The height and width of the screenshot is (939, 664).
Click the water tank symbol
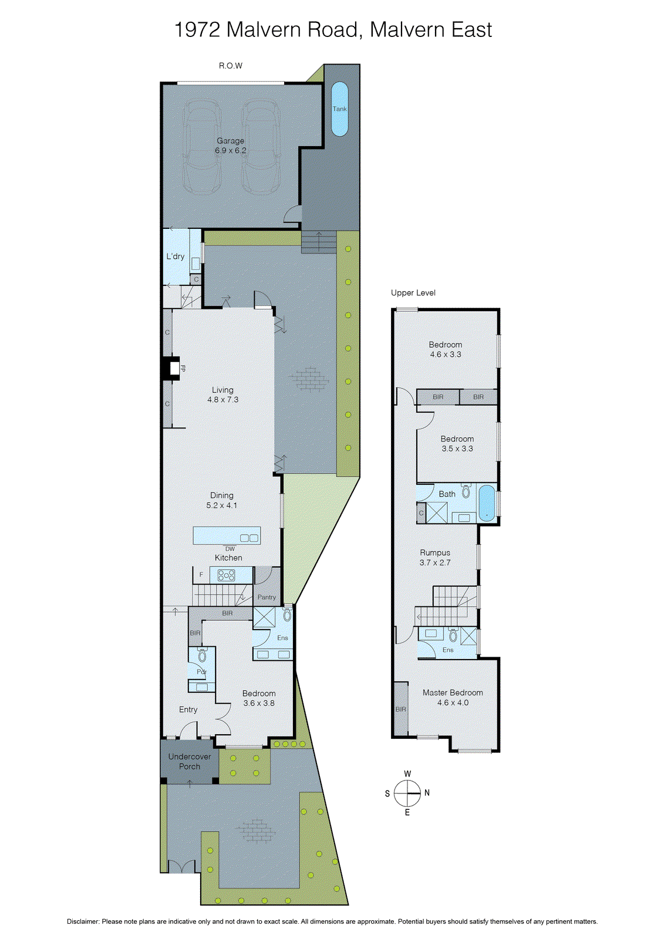pyautogui.click(x=339, y=109)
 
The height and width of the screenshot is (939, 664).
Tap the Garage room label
pyautogui.click(x=230, y=141)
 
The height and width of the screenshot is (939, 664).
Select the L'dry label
pyautogui.click(x=175, y=256)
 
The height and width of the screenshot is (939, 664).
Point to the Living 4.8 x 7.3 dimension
pyautogui.click(x=223, y=400)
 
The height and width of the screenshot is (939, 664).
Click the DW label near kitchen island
pyautogui.click(x=230, y=549)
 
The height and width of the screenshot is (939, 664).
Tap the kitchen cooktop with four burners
pyautogui.click(x=227, y=575)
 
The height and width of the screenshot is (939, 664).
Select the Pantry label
pyautogui.click(x=267, y=597)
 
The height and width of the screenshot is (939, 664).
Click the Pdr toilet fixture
pyautogui.click(x=202, y=656)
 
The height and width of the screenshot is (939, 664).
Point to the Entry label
pyautogui.click(x=188, y=710)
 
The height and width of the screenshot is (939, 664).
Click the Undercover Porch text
pyautogui.click(x=189, y=762)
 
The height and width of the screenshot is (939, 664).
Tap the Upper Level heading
pyautogui.click(x=413, y=293)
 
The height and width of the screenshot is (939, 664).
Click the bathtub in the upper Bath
pyautogui.click(x=487, y=504)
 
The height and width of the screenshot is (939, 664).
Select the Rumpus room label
pyautogui.click(x=435, y=553)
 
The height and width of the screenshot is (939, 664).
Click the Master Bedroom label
pyautogui.click(x=453, y=693)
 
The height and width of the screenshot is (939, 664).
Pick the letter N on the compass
pyautogui.click(x=427, y=793)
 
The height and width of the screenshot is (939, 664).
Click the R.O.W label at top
pyautogui.click(x=230, y=66)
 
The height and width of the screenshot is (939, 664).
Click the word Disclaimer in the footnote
pyautogui.click(x=82, y=921)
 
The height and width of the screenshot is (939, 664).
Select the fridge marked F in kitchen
pyautogui.click(x=201, y=575)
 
